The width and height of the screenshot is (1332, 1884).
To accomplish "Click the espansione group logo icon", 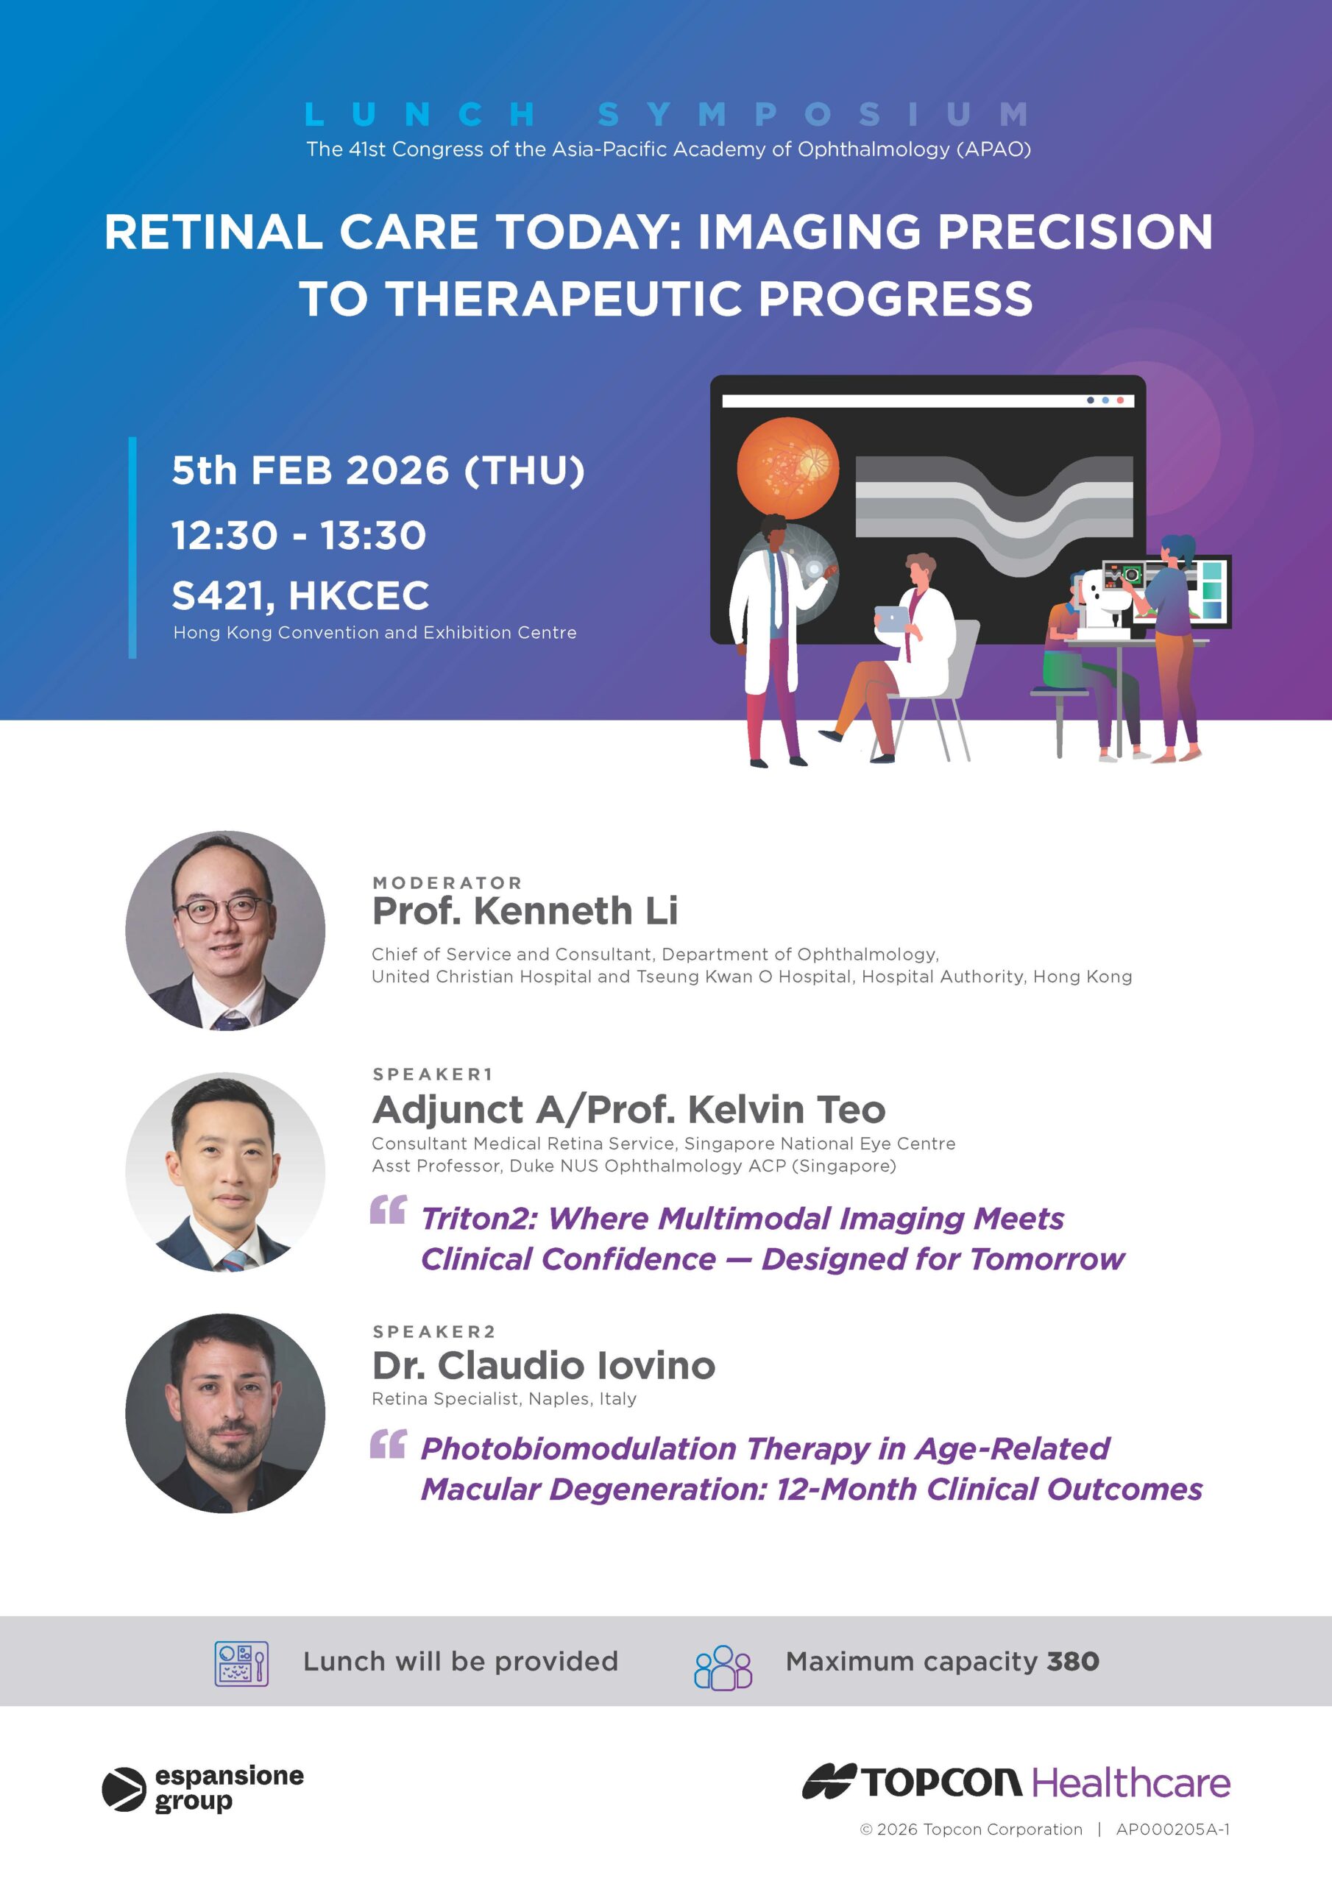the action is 124,1790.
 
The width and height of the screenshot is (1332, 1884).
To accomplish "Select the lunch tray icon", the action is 241,1664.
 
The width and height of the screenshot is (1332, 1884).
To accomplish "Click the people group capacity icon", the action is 723,1665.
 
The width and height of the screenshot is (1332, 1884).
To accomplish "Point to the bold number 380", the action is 1073,1662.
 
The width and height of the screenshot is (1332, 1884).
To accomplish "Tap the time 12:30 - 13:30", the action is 299,535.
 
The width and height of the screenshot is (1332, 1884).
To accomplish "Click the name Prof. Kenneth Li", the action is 525,911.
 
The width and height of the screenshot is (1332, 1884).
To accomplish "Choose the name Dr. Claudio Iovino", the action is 544,1365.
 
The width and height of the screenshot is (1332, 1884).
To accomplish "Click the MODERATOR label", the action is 447,883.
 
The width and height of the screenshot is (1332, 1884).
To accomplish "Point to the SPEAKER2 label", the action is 434,1331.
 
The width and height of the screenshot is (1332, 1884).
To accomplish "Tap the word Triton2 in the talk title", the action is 479,1219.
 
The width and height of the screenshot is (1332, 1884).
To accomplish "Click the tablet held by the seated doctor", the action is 891,619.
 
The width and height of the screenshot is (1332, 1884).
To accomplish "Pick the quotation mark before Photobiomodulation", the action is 388,1443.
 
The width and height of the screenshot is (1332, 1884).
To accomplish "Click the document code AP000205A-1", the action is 1173,1829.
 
